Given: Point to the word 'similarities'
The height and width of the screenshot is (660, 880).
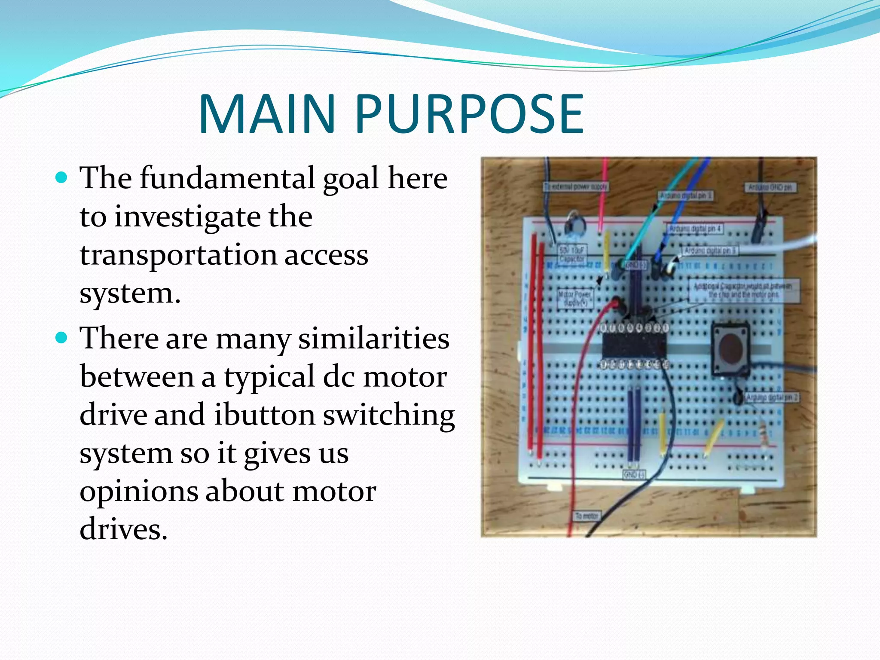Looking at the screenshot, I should click(x=374, y=338).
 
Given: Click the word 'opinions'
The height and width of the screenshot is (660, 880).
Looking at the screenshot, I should click(x=138, y=491).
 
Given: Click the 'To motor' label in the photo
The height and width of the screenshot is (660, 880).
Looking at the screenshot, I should click(x=587, y=516).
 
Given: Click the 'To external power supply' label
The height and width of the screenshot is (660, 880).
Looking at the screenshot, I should click(x=576, y=186).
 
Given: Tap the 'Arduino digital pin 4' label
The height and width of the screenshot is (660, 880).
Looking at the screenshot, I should click(x=695, y=229).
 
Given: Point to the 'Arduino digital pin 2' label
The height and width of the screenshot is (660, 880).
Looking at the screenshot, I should click(x=772, y=397).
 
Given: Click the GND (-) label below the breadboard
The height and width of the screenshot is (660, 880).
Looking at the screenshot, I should click(x=634, y=474).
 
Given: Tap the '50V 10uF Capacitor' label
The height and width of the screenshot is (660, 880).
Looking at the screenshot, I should click(x=571, y=254).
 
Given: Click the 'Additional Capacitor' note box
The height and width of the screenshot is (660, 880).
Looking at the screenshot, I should click(x=744, y=291).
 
